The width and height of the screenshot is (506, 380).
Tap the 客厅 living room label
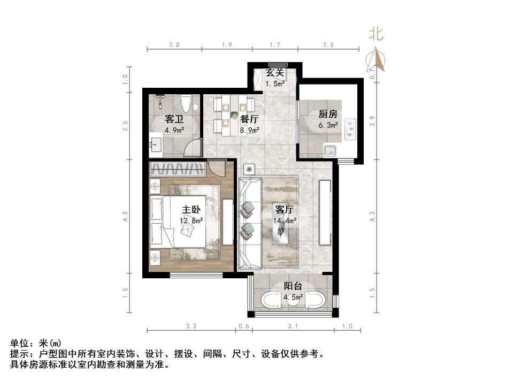point(284,209)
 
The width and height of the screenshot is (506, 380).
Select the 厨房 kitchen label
point(328,115)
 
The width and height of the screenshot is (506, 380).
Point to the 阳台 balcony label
point(293,286)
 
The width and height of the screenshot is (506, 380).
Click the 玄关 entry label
point(275,73)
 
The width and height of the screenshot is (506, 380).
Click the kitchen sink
point(329,150)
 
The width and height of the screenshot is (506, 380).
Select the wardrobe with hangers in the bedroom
point(178,170)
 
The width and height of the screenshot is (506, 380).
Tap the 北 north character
point(376,35)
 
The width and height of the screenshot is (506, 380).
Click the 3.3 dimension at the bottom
point(191,326)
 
